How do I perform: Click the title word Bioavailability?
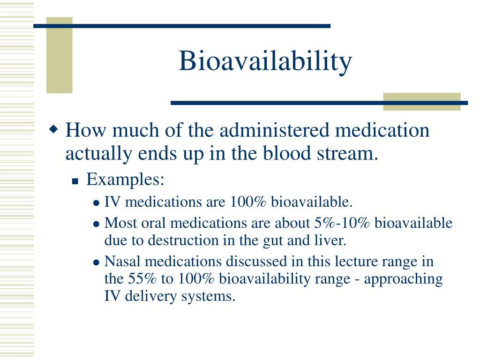tap(265, 61)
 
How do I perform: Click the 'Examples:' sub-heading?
tap(125, 179)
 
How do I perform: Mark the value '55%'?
tap(142, 279)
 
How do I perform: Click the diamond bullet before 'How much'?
tap(54, 128)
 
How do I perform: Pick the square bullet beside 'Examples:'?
tap(75, 181)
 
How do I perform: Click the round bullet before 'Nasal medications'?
tap(96, 262)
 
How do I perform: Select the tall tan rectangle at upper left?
tap(59, 55)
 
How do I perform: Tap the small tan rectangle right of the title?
tap(421, 102)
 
